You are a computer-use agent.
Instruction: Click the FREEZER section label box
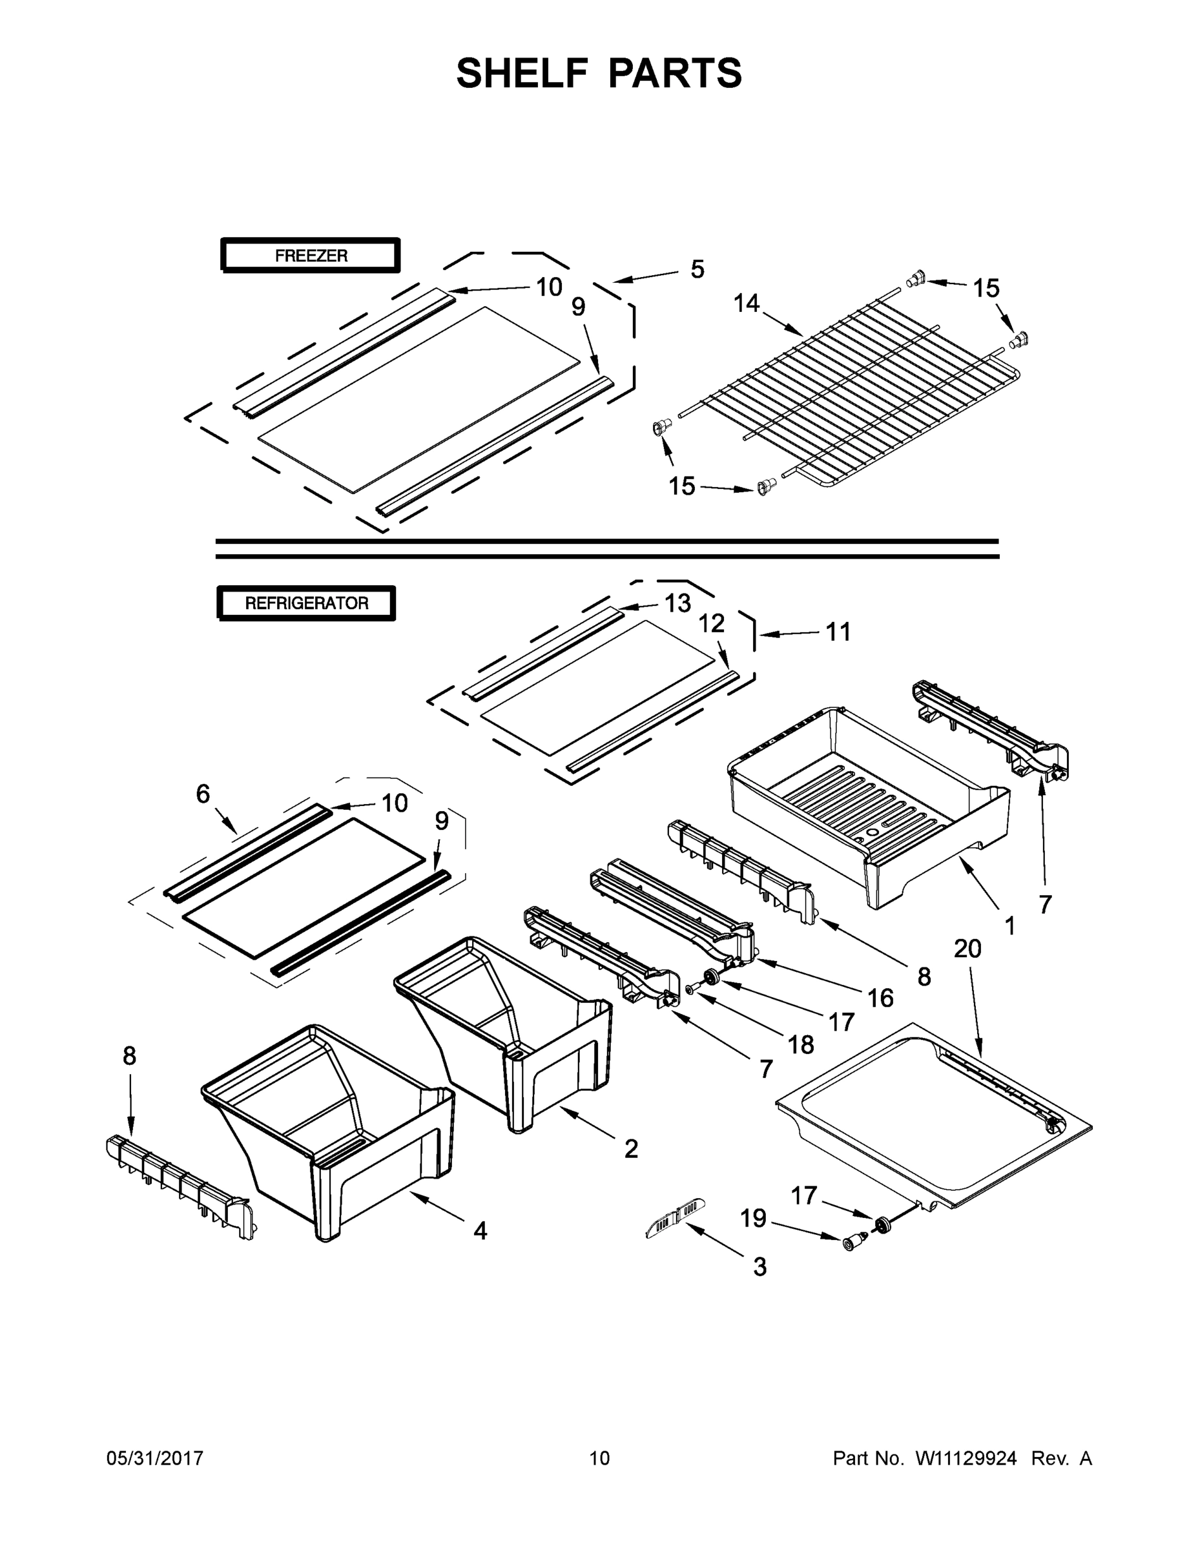[x=311, y=256]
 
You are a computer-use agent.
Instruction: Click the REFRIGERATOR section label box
[x=307, y=603]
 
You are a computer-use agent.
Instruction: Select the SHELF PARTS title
[x=599, y=73]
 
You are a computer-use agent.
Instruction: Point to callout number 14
[x=746, y=304]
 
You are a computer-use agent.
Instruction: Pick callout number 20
[x=967, y=948]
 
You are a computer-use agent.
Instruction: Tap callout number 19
[x=753, y=1219]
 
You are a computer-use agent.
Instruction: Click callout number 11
[x=838, y=632]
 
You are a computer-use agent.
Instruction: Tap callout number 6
[x=203, y=794]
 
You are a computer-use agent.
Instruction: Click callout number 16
[x=880, y=998]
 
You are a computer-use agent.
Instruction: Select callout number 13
[x=677, y=603]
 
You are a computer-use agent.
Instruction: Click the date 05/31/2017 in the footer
[x=155, y=1458]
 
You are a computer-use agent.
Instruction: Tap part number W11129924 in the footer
[x=966, y=1458]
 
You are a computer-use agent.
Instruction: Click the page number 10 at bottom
[x=599, y=1458]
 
